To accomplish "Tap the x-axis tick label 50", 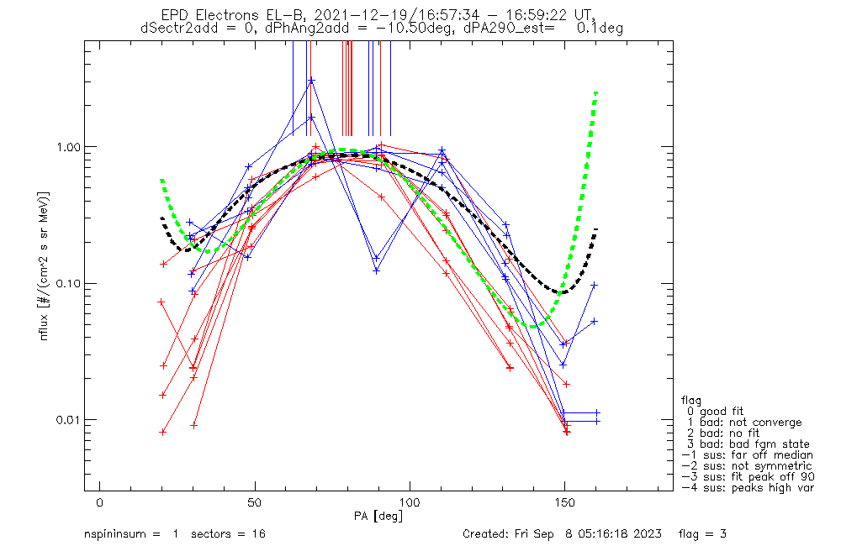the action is click(x=254, y=502).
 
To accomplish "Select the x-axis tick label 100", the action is click(x=410, y=502).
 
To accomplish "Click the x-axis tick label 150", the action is click(x=565, y=502).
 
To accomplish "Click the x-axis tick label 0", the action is click(x=100, y=502).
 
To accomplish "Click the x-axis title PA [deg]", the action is click(x=378, y=516).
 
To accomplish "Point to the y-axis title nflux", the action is click(x=44, y=327).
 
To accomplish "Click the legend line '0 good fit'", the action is click(x=714, y=412).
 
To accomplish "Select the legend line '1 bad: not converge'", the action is click(x=743, y=423).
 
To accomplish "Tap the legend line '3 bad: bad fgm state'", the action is click(x=748, y=444).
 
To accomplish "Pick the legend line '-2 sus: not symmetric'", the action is click(x=747, y=466).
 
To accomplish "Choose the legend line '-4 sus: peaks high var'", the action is click(x=748, y=488).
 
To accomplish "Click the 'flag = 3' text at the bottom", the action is click(x=702, y=534).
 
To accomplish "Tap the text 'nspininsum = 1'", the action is click(x=131, y=534).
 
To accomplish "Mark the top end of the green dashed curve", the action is click(x=596, y=92).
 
